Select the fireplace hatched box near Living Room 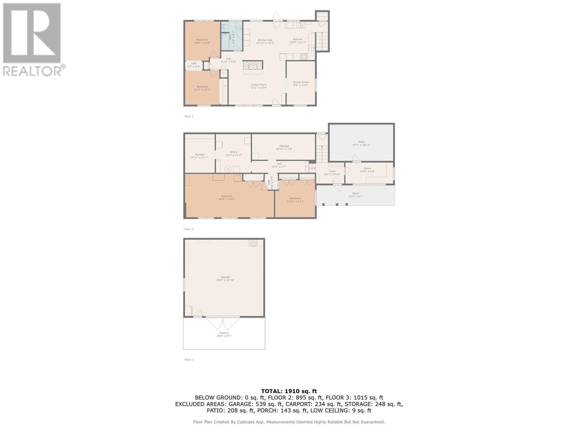click(x=253, y=65)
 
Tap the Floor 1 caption click(x=189, y=359)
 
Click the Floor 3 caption click(x=189, y=116)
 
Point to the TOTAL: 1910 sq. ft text click(x=289, y=391)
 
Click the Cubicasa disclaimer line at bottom click(x=289, y=422)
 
